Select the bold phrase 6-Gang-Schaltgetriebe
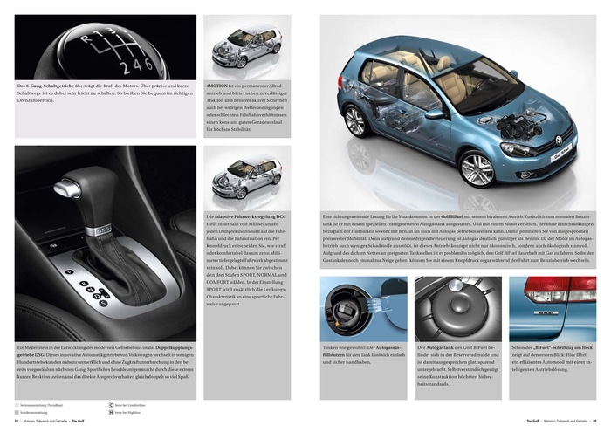(50, 86)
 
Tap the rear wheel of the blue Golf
(355, 120)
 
